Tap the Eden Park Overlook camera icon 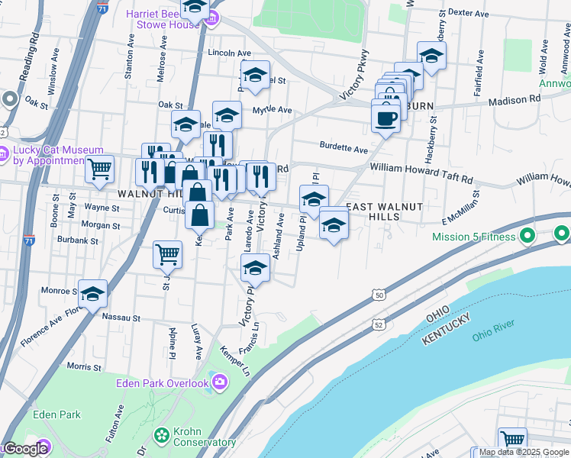coord(220,381)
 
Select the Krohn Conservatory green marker coord(162,435)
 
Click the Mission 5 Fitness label coord(475,237)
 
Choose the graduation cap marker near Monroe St coord(92,294)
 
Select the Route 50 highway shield coord(379,295)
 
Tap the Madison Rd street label coord(515,98)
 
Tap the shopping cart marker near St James coord(167,256)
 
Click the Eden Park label coord(57,414)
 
